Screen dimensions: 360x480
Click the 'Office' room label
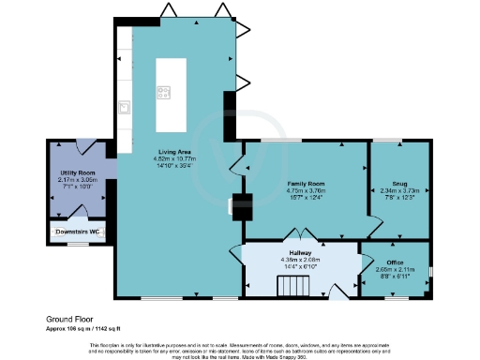(x=395, y=262)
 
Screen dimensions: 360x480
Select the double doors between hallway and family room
(x=299, y=234)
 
